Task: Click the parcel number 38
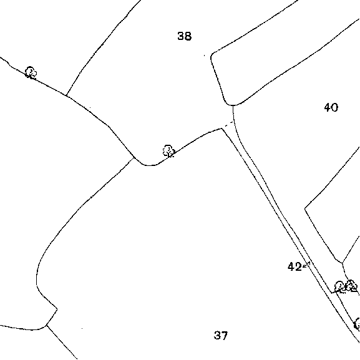tap(184, 36)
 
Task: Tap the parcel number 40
tap(331, 107)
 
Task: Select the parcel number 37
tap(221, 335)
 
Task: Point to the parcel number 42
tap(294, 267)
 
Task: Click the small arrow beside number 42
tap(306, 265)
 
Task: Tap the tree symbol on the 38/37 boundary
tap(168, 151)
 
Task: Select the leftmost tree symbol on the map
tap(31, 72)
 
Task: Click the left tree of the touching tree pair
tap(340, 287)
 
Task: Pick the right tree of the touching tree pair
tap(351, 286)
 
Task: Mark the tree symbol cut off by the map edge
tap(357, 324)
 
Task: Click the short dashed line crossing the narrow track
tap(229, 124)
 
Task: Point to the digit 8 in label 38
tap(188, 36)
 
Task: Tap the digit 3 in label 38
tap(181, 36)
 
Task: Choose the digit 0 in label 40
tap(335, 107)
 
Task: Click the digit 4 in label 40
tap(328, 107)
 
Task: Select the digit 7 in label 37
tap(225, 335)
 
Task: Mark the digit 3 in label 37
tap(217, 335)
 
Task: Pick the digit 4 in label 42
tap(291, 267)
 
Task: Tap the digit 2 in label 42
tap(298, 267)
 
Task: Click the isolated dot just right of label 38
tap(205, 56)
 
